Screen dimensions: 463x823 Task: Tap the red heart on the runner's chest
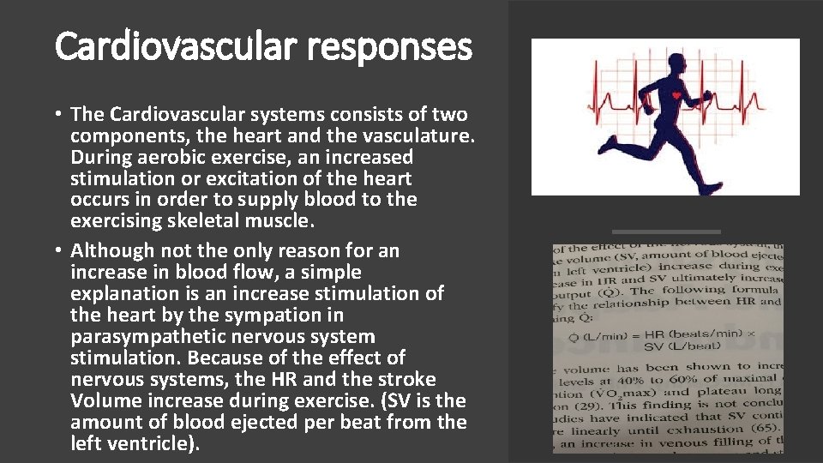[676, 94]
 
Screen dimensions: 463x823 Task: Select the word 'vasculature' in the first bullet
[418, 135]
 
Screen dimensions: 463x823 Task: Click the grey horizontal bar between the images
[665, 231]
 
